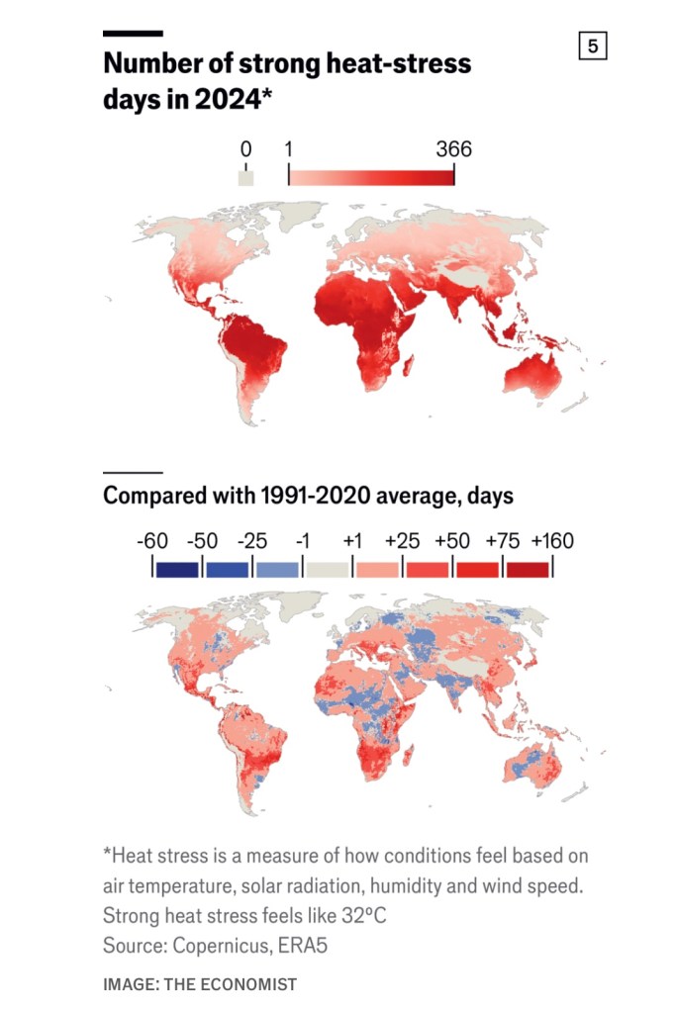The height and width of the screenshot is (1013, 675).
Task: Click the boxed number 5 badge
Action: (592, 46)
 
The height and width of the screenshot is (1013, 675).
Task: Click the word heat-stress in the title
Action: (398, 65)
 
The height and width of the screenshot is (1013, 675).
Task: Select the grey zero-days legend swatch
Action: (246, 178)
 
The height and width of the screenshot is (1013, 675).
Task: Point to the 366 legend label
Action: (454, 149)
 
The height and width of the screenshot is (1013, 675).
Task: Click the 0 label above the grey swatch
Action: (246, 149)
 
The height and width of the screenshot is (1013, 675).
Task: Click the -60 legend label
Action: (152, 541)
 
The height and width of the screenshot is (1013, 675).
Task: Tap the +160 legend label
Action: (552, 541)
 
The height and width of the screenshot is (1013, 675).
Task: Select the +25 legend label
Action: (403, 541)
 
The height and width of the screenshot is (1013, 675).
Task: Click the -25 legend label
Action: (253, 541)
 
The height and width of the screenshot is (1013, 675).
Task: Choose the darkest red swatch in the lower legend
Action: (528, 569)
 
